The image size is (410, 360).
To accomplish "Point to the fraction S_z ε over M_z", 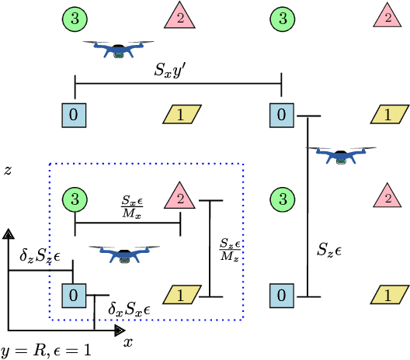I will pos(228,250).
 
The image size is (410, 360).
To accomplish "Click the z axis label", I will pos(8,169).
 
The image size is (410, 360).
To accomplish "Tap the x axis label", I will pos(128,341).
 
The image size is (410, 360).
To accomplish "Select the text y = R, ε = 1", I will pos(46,351).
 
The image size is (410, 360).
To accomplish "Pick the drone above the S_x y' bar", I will pos(118,50).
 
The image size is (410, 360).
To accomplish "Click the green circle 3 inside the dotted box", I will pos(74,199).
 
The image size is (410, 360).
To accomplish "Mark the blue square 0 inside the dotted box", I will pos(74,295).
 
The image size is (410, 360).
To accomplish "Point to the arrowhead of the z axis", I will pos(9,234).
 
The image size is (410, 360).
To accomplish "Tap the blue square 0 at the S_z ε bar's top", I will pos(281,115).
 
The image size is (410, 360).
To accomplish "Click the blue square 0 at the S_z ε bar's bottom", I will pos(281,295).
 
